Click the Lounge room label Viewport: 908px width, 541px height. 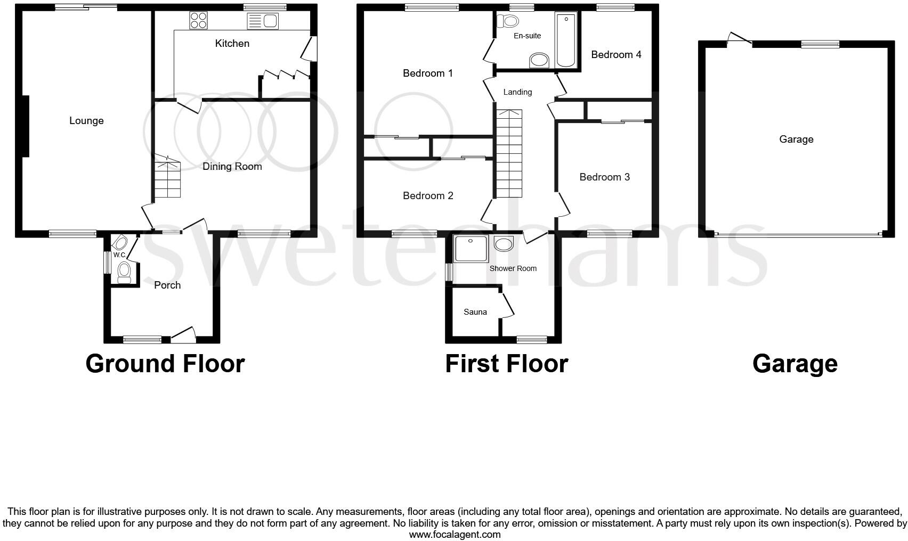(86, 121)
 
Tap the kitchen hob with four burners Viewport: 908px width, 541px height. (198, 20)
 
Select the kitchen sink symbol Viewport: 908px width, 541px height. (263, 21)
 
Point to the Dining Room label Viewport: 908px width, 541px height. (232, 167)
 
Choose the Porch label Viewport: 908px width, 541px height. (167, 285)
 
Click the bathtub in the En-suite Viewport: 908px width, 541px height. (565, 40)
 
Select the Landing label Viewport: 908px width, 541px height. (517, 92)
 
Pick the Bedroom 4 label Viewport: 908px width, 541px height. (616, 54)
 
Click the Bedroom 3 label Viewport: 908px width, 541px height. (604, 177)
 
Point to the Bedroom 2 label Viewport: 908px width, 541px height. (428, 196)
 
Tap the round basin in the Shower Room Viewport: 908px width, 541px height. (504, 244)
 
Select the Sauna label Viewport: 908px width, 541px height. (475, 312)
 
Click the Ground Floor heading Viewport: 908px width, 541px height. (165, 364)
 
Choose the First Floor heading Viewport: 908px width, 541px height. (506, 364)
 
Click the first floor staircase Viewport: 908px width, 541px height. (509, 154)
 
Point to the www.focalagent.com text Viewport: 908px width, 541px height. (455, 535)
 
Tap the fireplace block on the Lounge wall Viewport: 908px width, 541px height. (25, 126)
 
